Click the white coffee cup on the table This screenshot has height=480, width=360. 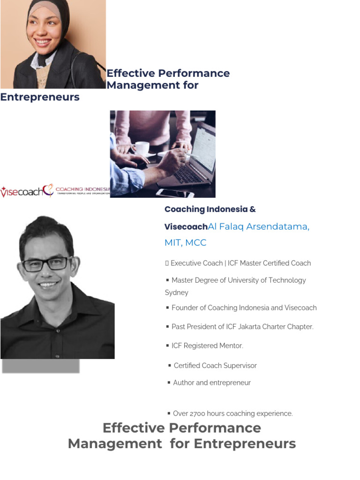click(142, 148)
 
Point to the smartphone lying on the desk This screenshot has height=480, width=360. click(174, 193)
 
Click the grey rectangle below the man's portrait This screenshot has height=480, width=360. click(40, 366)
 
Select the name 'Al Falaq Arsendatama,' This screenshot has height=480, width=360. click(258, 227)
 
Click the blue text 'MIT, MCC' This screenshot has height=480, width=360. click(185, 243)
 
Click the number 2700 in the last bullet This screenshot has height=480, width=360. click(199, 414)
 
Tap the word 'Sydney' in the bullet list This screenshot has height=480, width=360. click(176, 292)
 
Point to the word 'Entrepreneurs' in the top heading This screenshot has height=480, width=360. click(40, 97)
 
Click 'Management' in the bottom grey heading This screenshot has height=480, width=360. click(114, 443)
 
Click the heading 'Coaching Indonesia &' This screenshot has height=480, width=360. click(210, 210)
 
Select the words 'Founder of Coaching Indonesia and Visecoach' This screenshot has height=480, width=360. click(244, 308)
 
